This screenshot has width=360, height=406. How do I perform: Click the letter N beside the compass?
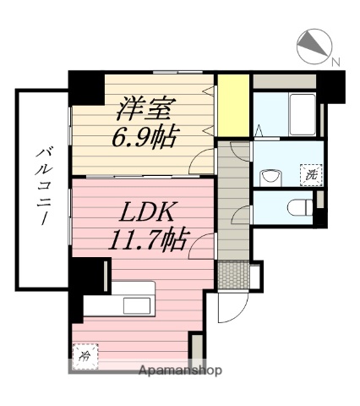(x=335, y=60)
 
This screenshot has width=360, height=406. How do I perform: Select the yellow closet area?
(x=232, y=104)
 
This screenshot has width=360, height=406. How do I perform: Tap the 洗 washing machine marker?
(x=311, y=174)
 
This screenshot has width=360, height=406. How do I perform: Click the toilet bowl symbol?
(x=297, y=207)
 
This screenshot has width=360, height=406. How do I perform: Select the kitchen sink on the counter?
(x=131, y=305)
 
